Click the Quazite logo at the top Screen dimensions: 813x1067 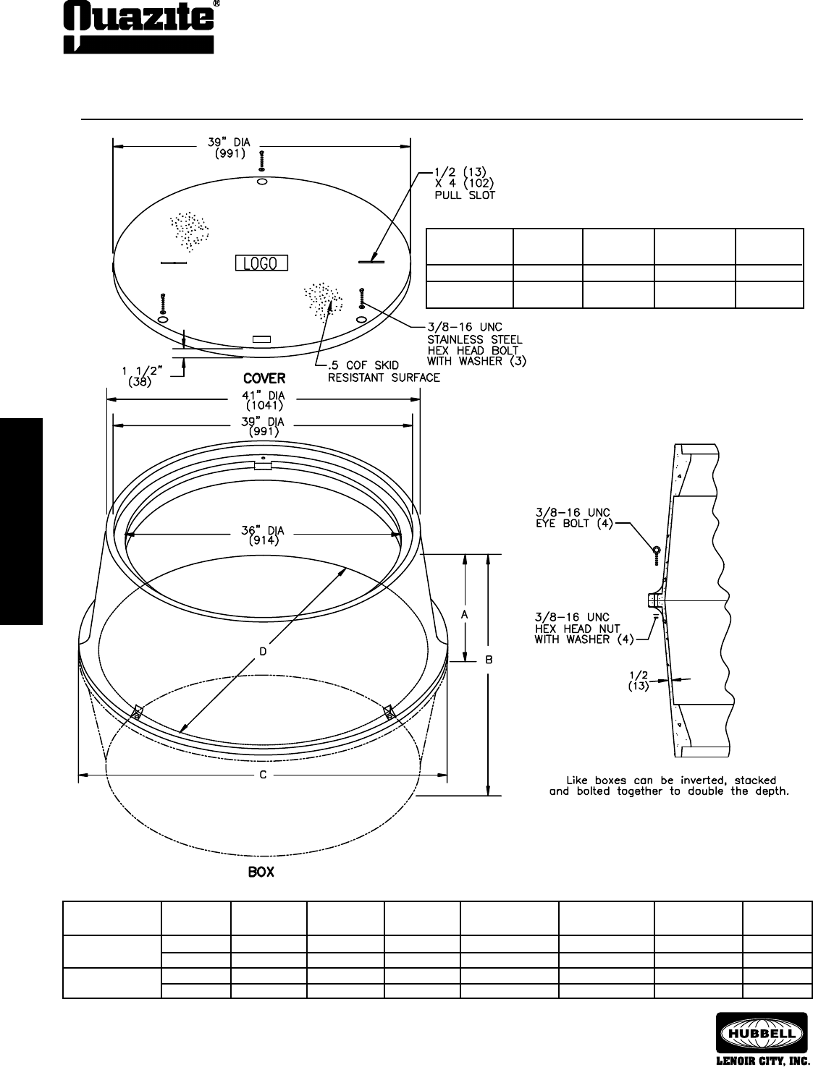point(140,27)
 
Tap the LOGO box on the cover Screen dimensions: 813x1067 point(261,263)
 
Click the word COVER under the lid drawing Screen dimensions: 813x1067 point(264,378)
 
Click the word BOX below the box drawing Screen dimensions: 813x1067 point(261,872)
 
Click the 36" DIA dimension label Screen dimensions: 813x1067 point(264,535)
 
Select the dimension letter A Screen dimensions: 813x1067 point(464,615)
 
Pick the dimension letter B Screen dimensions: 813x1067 point(489,660)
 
